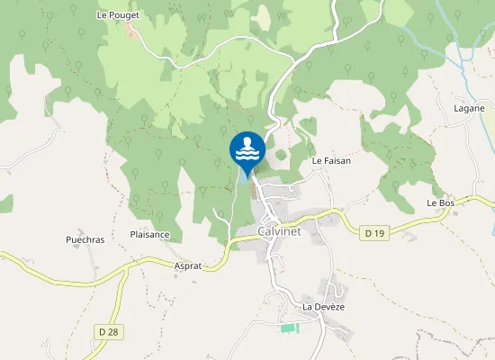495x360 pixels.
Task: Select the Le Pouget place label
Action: click(114, 15)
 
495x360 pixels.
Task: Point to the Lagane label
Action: click(469, 108)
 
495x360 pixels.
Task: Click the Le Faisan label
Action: click(330, 160)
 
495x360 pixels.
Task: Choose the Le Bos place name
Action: click(441, 203)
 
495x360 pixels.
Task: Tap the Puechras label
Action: click(85, 240)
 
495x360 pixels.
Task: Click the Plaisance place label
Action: click(150, 235)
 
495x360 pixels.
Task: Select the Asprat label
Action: click(187, 266)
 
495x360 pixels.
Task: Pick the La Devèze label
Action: click(324, 307)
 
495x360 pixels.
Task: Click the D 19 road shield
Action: click(375, 234)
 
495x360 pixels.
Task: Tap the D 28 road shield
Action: click(107, 332)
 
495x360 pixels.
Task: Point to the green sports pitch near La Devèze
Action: click(288, 327)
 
